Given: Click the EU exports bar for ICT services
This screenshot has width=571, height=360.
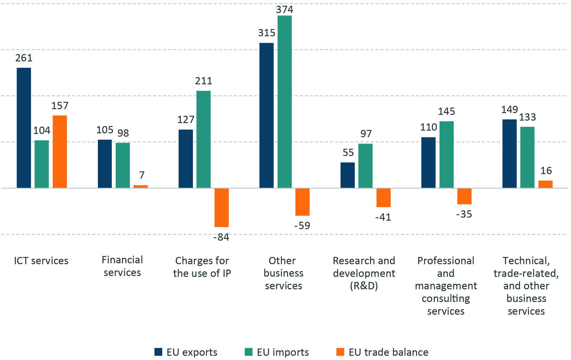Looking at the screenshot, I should (24, 128).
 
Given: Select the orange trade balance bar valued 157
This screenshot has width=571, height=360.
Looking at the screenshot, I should (60, 152).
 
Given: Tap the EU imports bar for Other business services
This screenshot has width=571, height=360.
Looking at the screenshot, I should (285, 102).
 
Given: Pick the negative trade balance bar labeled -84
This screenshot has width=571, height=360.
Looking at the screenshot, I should (221, 207).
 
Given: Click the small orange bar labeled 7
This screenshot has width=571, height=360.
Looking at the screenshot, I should (140, 186).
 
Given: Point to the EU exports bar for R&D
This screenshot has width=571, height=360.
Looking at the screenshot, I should (347, 175).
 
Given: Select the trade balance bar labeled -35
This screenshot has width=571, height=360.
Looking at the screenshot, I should (464, 196).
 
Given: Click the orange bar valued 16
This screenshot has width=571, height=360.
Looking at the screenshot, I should (545, 184).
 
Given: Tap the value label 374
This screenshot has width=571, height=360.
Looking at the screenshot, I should (285, 10).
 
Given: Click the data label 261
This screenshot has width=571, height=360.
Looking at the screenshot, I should (24, 58).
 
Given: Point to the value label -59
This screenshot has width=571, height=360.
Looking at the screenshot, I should (302, 225).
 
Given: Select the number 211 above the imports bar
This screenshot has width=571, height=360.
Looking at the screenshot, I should (204, 81).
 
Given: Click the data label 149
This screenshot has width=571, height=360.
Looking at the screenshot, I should (509, 109).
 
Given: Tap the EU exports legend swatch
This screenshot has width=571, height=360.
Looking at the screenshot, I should (158, 352).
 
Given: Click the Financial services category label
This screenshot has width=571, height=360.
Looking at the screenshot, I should (122, 266).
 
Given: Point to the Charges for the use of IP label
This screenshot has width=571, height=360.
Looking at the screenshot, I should (202, 267).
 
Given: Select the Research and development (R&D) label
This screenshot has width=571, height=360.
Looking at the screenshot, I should (364, 273).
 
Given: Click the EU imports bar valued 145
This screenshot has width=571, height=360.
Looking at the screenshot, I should (446, 155).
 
